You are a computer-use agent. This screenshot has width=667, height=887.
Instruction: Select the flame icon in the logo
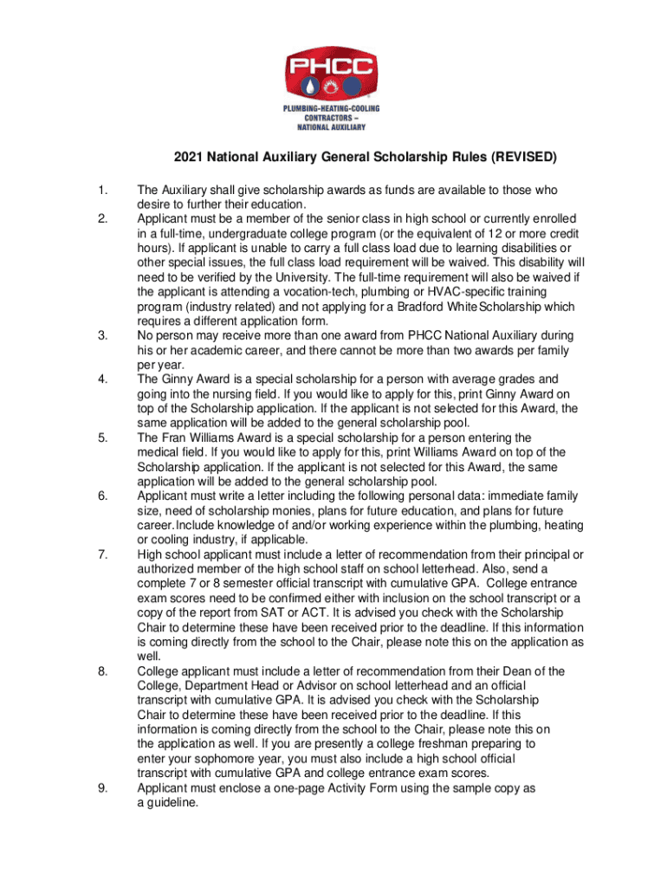(x=333, y=87)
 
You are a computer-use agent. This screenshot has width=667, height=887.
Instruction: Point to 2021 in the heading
(x=188, y=159)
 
